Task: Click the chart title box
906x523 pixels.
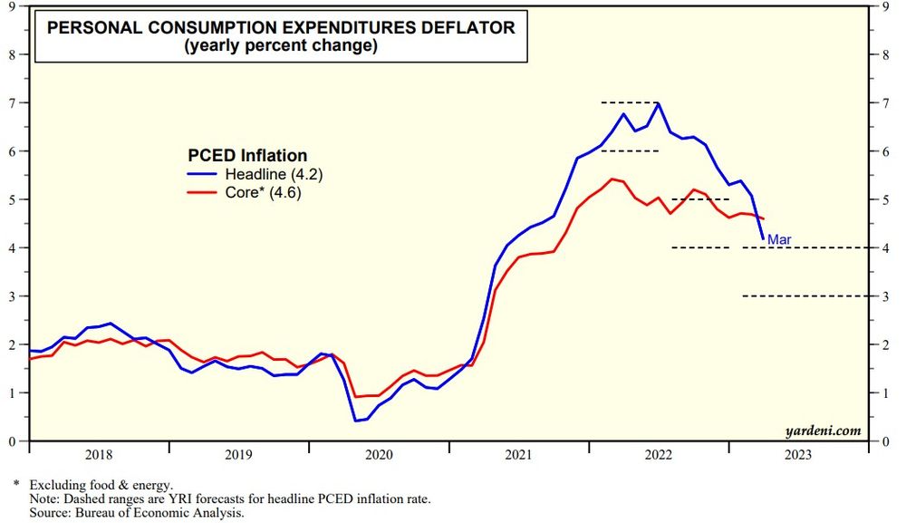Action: (281, 37)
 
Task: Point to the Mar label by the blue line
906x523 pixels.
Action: (779, 239)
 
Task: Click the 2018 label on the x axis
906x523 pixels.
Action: (100, 456)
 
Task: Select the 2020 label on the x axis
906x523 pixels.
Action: (379, 456)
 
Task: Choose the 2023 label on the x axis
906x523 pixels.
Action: (798, 456)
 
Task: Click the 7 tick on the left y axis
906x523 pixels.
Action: (14, 102)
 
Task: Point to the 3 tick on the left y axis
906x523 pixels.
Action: (14, 296)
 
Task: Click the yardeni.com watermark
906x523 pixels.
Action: (824, 431)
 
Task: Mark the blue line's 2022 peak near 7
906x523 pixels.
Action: (658, 103)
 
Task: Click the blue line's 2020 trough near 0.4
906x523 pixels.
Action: (356, 421)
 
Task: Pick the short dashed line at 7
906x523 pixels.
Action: (630, 102)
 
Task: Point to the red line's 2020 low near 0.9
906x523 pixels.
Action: (356, 397)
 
